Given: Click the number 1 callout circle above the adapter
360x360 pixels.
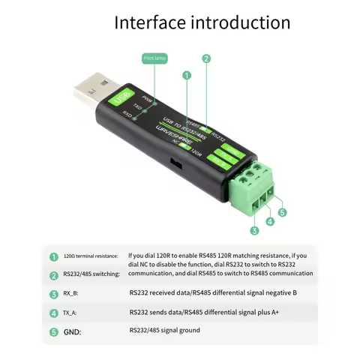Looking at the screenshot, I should pyautogui.click(x=186, y=75).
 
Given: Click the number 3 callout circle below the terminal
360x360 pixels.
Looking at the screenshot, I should pyautogui.click(x=254, y=230).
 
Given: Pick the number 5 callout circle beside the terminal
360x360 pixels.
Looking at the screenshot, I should pyautogui.click(x=283, y=212).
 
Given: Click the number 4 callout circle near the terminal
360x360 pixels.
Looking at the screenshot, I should pyautogui.click(x=269, y=222).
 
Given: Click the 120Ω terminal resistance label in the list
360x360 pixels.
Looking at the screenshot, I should pyautogui.click(x=90, y=256).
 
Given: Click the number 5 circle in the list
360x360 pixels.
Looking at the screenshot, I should pyautogui.click(x=53, y=331).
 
